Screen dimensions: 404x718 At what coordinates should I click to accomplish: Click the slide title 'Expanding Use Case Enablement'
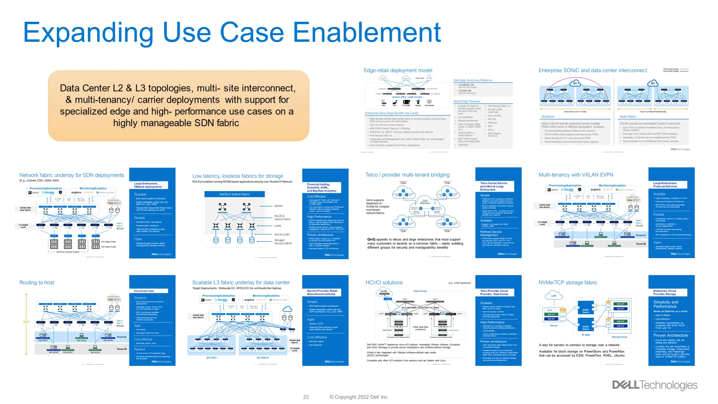tap(231, 33)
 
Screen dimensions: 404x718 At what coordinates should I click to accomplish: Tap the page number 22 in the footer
tap(306, 397)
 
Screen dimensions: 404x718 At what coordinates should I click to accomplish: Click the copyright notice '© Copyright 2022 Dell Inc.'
tap(359, 397)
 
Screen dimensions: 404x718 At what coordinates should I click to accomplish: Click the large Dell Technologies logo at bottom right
tap(655, 385)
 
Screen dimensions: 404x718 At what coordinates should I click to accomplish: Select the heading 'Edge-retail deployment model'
tap(398, 70)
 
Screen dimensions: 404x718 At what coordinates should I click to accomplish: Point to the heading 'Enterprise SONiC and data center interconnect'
tap(593, 70)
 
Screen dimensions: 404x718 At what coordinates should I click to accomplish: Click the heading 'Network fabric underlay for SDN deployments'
tap(72, 175)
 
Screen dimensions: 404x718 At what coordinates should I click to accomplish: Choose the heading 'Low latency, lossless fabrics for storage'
tap(238, 176)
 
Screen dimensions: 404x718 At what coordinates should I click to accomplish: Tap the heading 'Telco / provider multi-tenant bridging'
tap(407, 175)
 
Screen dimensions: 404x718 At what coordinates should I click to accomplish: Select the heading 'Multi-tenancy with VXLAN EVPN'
tap(576, 175)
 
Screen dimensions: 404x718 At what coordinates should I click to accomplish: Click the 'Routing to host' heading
tap(37, 283)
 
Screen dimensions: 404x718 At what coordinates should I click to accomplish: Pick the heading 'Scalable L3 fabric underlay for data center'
tap(241, 283)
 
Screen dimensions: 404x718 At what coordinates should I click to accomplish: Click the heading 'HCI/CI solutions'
tap(384, 283)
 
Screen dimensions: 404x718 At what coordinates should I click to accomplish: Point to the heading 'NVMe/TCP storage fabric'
tap(568, 283)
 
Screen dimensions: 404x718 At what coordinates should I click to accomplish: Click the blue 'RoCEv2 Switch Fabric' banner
tap(235, 194)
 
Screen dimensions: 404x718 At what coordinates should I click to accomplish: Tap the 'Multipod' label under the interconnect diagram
tap(548, 116)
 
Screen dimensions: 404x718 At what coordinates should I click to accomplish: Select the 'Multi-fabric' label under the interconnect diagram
tap(628, 116)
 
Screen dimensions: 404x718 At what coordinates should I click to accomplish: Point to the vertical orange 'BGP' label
tap(26, 322)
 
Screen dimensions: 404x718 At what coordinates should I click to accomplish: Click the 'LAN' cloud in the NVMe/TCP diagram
tap(554, 296)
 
